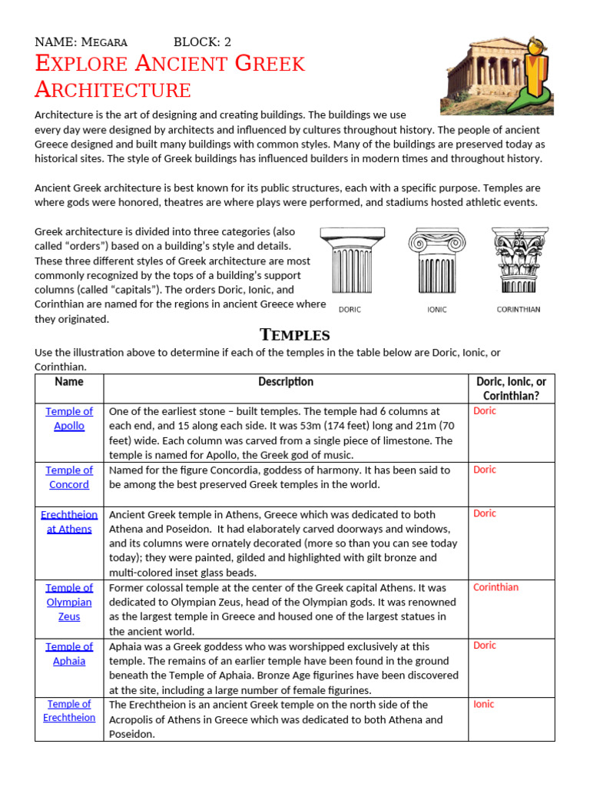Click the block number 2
click(227, 42)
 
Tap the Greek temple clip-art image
click(496, 73)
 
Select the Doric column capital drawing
click(350, 261)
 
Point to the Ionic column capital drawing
click(437, 261)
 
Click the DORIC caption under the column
click(350, 310)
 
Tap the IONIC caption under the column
click(437, 310)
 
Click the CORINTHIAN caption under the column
click(519, 310)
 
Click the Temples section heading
click(295, 334)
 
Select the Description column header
click(286, 382)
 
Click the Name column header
click(69, 382)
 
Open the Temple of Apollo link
click(69, 419)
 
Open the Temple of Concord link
click(69, 477)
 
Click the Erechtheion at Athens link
click(69, 522)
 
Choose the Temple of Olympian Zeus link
click(69, 602)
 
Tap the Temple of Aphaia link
click(69, 653)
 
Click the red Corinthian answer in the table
click(496, 587)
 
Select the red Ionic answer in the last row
click(484, 704)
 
